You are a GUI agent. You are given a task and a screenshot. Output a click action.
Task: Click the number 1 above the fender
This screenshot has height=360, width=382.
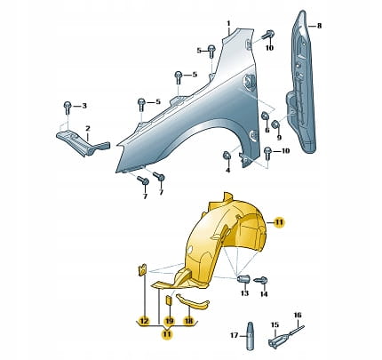(x=228, y=23)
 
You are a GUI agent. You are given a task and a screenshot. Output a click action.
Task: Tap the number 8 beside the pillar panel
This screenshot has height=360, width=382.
(x=319, y=26)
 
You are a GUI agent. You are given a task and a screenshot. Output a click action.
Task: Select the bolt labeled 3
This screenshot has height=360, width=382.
(x=68, y=108)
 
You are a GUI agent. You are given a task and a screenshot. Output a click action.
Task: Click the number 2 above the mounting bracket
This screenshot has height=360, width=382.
(x=88, y=129)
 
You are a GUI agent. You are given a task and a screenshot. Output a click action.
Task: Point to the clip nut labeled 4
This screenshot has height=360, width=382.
(x=226, y=155)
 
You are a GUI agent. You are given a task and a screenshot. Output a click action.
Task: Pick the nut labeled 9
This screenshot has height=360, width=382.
(x=275, y=125)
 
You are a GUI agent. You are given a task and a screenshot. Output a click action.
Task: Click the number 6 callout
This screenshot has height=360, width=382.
(x=267, y=130)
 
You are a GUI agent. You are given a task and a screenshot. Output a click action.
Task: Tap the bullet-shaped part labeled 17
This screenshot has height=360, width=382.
(x=251, y=336)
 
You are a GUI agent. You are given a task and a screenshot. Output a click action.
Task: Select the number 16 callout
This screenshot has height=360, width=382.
(x=298, y=315)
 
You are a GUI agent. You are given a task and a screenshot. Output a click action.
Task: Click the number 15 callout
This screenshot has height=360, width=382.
(x=275, y=324)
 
